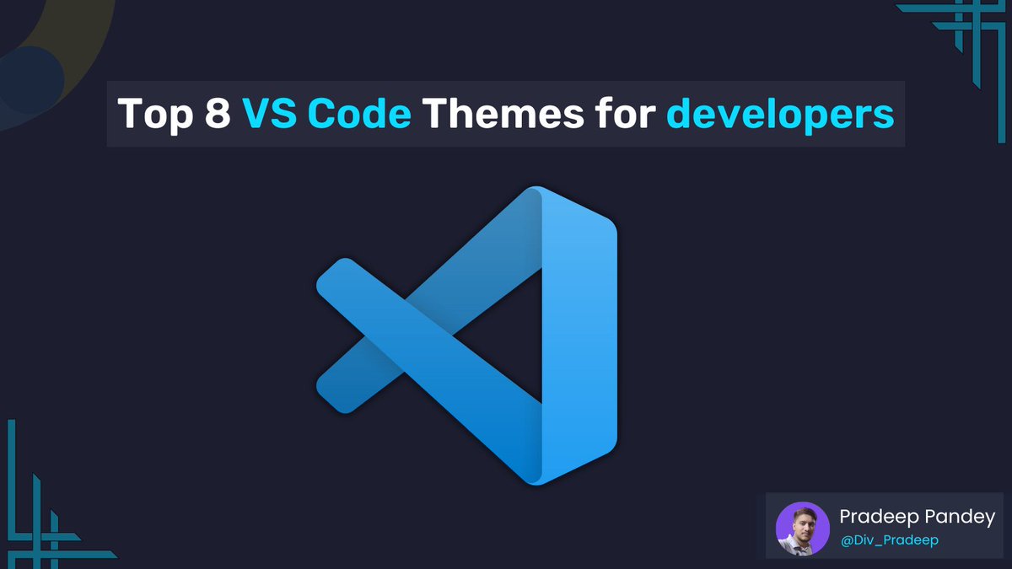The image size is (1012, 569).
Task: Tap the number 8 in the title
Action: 217,114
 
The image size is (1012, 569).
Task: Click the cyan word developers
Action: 780,114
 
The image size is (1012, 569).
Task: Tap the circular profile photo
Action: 802,529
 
